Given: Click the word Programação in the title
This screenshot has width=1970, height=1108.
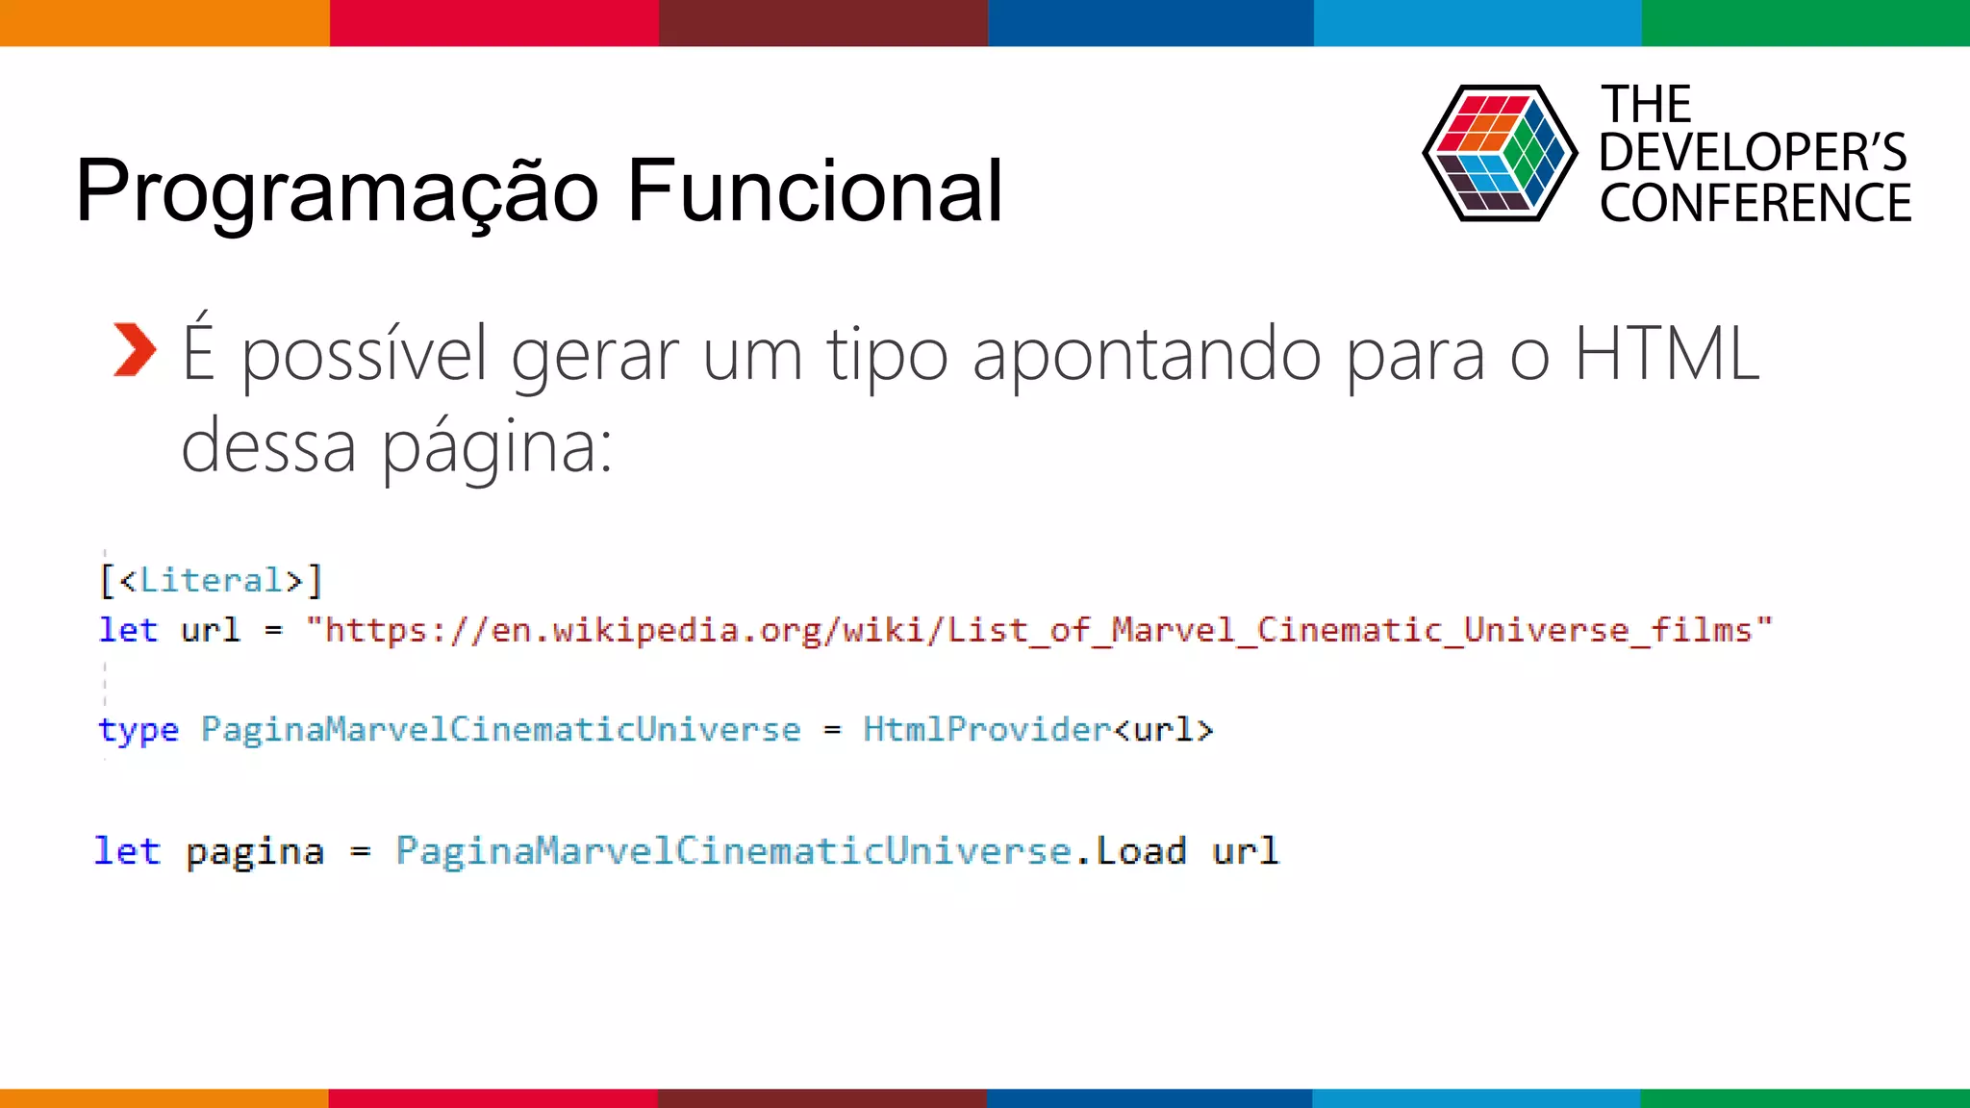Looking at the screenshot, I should (x=337, y=192).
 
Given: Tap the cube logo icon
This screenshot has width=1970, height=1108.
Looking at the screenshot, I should (x=1499, y=154).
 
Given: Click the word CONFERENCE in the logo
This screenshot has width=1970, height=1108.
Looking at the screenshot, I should (x=1755, y=204).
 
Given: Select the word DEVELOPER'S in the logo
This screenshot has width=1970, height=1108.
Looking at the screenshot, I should (x=1753, y=153).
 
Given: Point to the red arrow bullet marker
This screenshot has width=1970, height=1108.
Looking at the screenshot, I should (x=134, y=350).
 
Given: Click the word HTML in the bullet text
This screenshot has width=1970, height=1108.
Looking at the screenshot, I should (x=1666, y=354).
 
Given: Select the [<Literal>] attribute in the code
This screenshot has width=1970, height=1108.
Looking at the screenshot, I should (x=211, y=581).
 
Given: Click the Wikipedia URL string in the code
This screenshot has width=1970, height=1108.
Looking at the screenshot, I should (x=1039, y=631).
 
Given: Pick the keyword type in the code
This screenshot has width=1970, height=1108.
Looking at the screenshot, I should (x=139, y=730).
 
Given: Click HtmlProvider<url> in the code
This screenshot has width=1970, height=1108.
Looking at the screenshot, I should (x=1038, y=730).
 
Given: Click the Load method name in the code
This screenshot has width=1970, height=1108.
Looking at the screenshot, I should (x=1141, y=851).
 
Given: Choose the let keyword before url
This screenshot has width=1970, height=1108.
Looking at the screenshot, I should (x=128, y=631).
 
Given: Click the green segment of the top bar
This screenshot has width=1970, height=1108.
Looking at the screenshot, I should (x=1806, y=22).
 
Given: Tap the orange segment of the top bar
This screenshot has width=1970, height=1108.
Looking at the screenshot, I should (x=164, y=22).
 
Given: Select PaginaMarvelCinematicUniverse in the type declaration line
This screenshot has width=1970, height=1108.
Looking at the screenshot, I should (x=500, y=730).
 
